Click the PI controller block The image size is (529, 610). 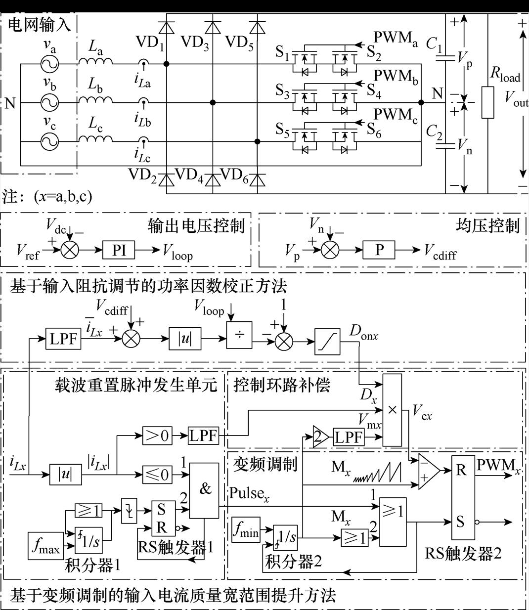(119, 251)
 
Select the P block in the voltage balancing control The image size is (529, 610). (379, 250)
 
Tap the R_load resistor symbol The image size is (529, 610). (487, 102)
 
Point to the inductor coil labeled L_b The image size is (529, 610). (95, 100)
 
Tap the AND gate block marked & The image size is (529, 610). (205, 490)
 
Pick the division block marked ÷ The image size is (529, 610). (239, 335)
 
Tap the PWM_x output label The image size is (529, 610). (498, 465)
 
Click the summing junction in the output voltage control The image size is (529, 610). (70, 251)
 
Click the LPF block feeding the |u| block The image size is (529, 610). (63, 339)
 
